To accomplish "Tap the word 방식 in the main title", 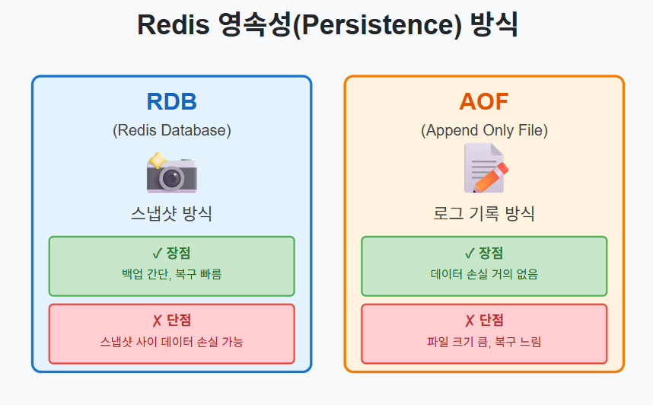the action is coord(495,24).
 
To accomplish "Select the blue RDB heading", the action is coord(171,102).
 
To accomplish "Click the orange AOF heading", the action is coord(483,102).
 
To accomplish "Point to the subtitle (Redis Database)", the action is coord(171,130).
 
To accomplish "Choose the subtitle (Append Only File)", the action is coord(484,130).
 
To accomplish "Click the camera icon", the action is coord(173,174).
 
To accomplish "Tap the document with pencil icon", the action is coord(485,169).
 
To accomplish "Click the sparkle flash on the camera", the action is coord(157,160).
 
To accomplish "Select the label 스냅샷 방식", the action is coord(171,214).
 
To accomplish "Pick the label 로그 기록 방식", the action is coord(484,214).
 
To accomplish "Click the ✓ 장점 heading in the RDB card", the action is coord(171,254).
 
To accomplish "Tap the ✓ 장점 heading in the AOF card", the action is coord(484,254).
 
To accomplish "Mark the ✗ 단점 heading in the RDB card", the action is coord(171,320).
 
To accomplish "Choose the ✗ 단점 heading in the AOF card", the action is coord(484,320).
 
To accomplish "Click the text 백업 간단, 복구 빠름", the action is coord(171,274).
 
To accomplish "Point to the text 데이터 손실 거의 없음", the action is coord(484,274).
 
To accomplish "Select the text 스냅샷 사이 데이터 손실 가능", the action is coord(171,342).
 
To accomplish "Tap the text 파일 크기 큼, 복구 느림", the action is coord(484,342).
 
